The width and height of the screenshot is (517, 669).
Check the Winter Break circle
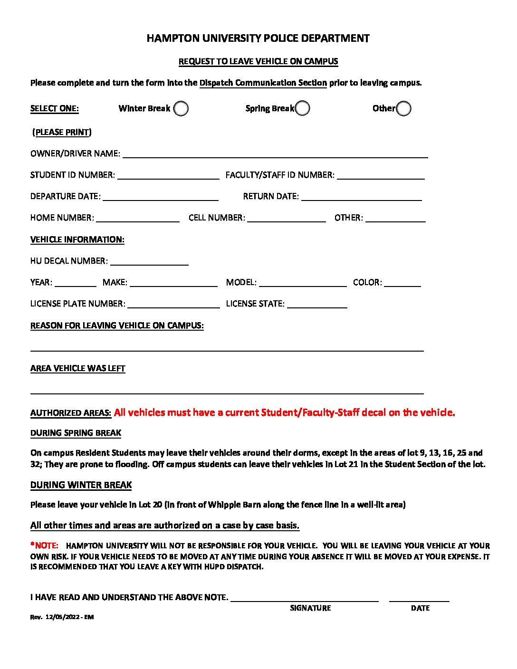point(181,109)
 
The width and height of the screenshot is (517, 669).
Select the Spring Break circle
point(302,108)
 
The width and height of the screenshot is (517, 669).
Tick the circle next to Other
point(403,109)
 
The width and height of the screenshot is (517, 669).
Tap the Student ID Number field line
point(168,175)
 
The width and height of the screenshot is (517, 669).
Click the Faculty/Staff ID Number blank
point(381,175)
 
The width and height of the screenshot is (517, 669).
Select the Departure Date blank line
point(161,196)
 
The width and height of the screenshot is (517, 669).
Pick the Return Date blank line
point(362,196)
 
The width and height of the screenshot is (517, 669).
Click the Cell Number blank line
point(287,218)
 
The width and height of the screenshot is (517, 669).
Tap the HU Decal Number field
point(149,261)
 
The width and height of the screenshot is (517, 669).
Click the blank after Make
point(173,282)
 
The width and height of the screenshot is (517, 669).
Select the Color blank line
point(402,282)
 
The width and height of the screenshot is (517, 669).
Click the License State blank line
point(317,304)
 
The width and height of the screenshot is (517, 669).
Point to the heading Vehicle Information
point(77,239)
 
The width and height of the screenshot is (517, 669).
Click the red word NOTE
point(46,545)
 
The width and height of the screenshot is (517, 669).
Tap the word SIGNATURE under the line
point(310,608)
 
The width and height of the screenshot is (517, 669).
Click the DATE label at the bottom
point(420,608)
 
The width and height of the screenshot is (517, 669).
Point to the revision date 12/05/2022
point(62,617)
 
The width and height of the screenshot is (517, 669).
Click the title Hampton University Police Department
point(258,38)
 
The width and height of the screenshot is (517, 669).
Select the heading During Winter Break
point(81,485)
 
